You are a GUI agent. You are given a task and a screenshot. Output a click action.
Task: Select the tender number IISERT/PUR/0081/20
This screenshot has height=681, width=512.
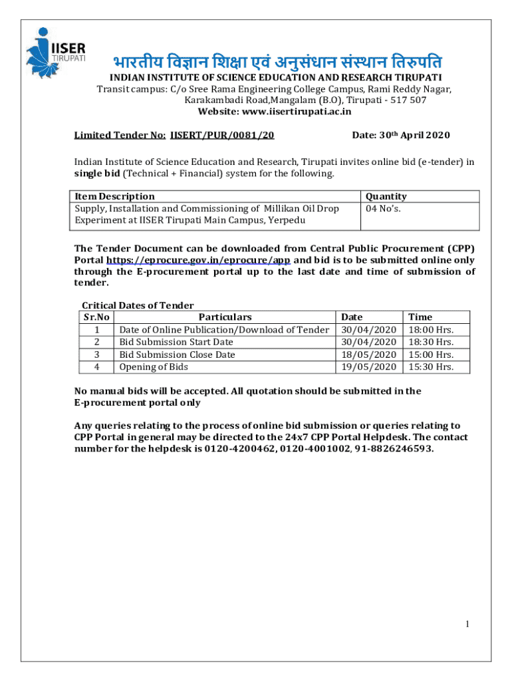point(222,136)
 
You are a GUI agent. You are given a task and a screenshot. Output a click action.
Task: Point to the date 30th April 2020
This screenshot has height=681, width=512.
point(400,136)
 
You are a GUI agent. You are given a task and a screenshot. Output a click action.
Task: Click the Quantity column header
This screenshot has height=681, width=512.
point(386,196)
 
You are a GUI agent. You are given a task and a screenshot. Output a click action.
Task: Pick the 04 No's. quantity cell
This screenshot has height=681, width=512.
point(384,208)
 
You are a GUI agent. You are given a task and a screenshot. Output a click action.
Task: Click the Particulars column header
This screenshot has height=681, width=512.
point(225,317)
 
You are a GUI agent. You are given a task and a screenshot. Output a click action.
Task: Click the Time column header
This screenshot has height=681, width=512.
point(420,317)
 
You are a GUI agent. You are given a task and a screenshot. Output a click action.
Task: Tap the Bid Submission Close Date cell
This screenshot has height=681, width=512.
point(177,354)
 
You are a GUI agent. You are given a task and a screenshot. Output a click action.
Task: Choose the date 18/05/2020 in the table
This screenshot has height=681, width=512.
point(368,354)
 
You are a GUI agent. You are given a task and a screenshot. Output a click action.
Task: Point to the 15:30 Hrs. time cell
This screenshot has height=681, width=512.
point(431,366)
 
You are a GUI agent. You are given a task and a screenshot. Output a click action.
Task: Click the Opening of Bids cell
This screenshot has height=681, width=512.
point(154,366)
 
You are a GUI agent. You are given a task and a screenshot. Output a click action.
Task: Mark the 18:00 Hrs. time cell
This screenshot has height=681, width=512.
point(431,330)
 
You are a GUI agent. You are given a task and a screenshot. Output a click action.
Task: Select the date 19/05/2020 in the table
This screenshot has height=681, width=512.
point(368,366)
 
